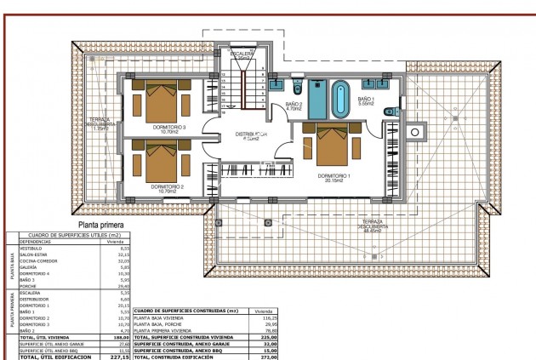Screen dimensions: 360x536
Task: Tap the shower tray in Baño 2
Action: coord(317,99)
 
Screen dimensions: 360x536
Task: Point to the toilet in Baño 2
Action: coord(297,89)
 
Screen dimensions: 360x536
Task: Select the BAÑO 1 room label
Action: coord(366,100)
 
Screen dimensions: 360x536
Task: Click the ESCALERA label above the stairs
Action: coord(242,54)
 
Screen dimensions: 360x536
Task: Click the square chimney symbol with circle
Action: coord(414,131)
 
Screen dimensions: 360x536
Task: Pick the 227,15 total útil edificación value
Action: coord(107,357)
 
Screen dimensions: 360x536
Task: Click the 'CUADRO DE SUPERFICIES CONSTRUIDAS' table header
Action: coord(185,311)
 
